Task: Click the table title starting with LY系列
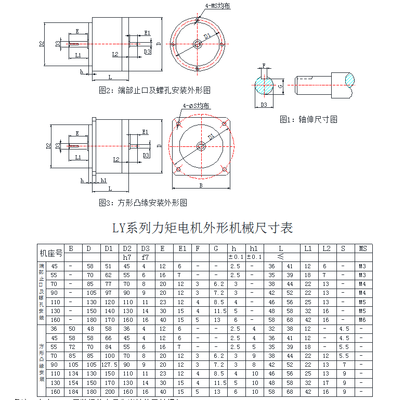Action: [x=203, y=228]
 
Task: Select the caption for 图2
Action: [x=154, y=90]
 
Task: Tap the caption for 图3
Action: [x=143, y=202]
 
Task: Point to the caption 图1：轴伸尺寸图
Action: [x=308, y=119]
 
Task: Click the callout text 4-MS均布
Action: [x=217, y=6]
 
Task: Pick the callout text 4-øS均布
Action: [x=196, y=106]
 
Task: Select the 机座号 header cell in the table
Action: [x=51, y=253]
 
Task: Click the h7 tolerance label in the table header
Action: [x=127, y=257]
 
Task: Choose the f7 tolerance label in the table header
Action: [x=145, y=257]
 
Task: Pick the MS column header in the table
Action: [x=363, y=248]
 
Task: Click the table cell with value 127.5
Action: [x=109, y=365]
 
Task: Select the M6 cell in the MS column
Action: [x=363, y=319]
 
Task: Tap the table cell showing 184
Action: [x=71, y=392]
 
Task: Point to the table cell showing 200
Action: [x=109, y=392]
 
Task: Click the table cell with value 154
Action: [x=71, y=382]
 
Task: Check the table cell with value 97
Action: [x=109, y=293]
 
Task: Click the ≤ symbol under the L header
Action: [x=280, y=257]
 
